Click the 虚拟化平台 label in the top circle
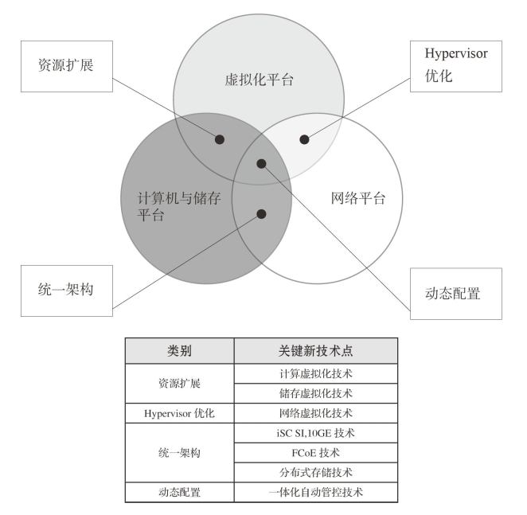[x=260, y=80]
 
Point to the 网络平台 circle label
[x=358, y=198]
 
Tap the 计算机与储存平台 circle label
[x=179, y=206]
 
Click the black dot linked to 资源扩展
[x=220, y=139]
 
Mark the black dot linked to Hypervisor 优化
[x=304, y=139]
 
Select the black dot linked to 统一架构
[x=261, y=214]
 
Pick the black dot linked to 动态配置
[x=261, y=164]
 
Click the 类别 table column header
[x=179, y=350]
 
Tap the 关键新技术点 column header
[x=315, y=350]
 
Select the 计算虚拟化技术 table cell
[x=315, y=373]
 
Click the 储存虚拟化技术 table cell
[x=315, y=393]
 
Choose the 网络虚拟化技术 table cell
[x=315, y=413]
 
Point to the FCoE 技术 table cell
[x=315, y=453]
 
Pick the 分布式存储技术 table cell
[x=315, y=472]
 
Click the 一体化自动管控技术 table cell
[x=315, y=493]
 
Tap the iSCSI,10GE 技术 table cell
[x=315, y=433]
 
